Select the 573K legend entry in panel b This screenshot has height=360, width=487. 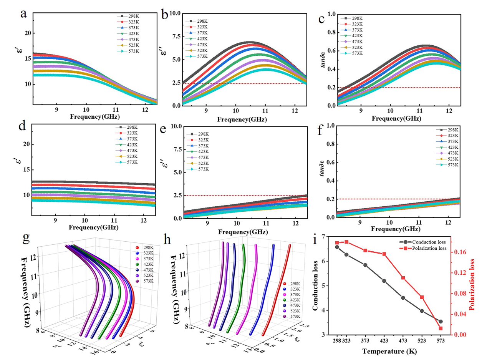click(200, 56)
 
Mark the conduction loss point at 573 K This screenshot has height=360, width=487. click(441, 322)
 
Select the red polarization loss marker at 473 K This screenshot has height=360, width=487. click(403, 278)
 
